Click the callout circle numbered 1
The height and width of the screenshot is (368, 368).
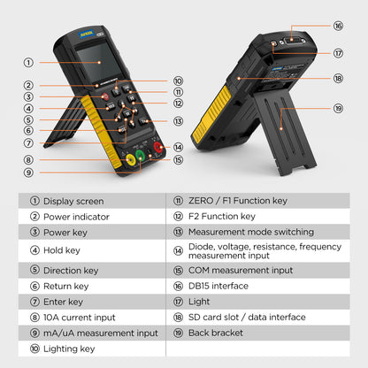(x=28, y=62)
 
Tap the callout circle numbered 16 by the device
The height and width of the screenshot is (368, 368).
(x=338, y=26)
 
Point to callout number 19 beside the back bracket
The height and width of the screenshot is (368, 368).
(x=338, y=109)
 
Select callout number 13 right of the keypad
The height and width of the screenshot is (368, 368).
(x=178, y=121)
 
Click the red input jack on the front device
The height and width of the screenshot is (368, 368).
(x=158, y=148)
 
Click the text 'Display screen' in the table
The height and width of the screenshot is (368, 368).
(x=73, y=201)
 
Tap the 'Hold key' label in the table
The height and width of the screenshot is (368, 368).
(x=62, y=250)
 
